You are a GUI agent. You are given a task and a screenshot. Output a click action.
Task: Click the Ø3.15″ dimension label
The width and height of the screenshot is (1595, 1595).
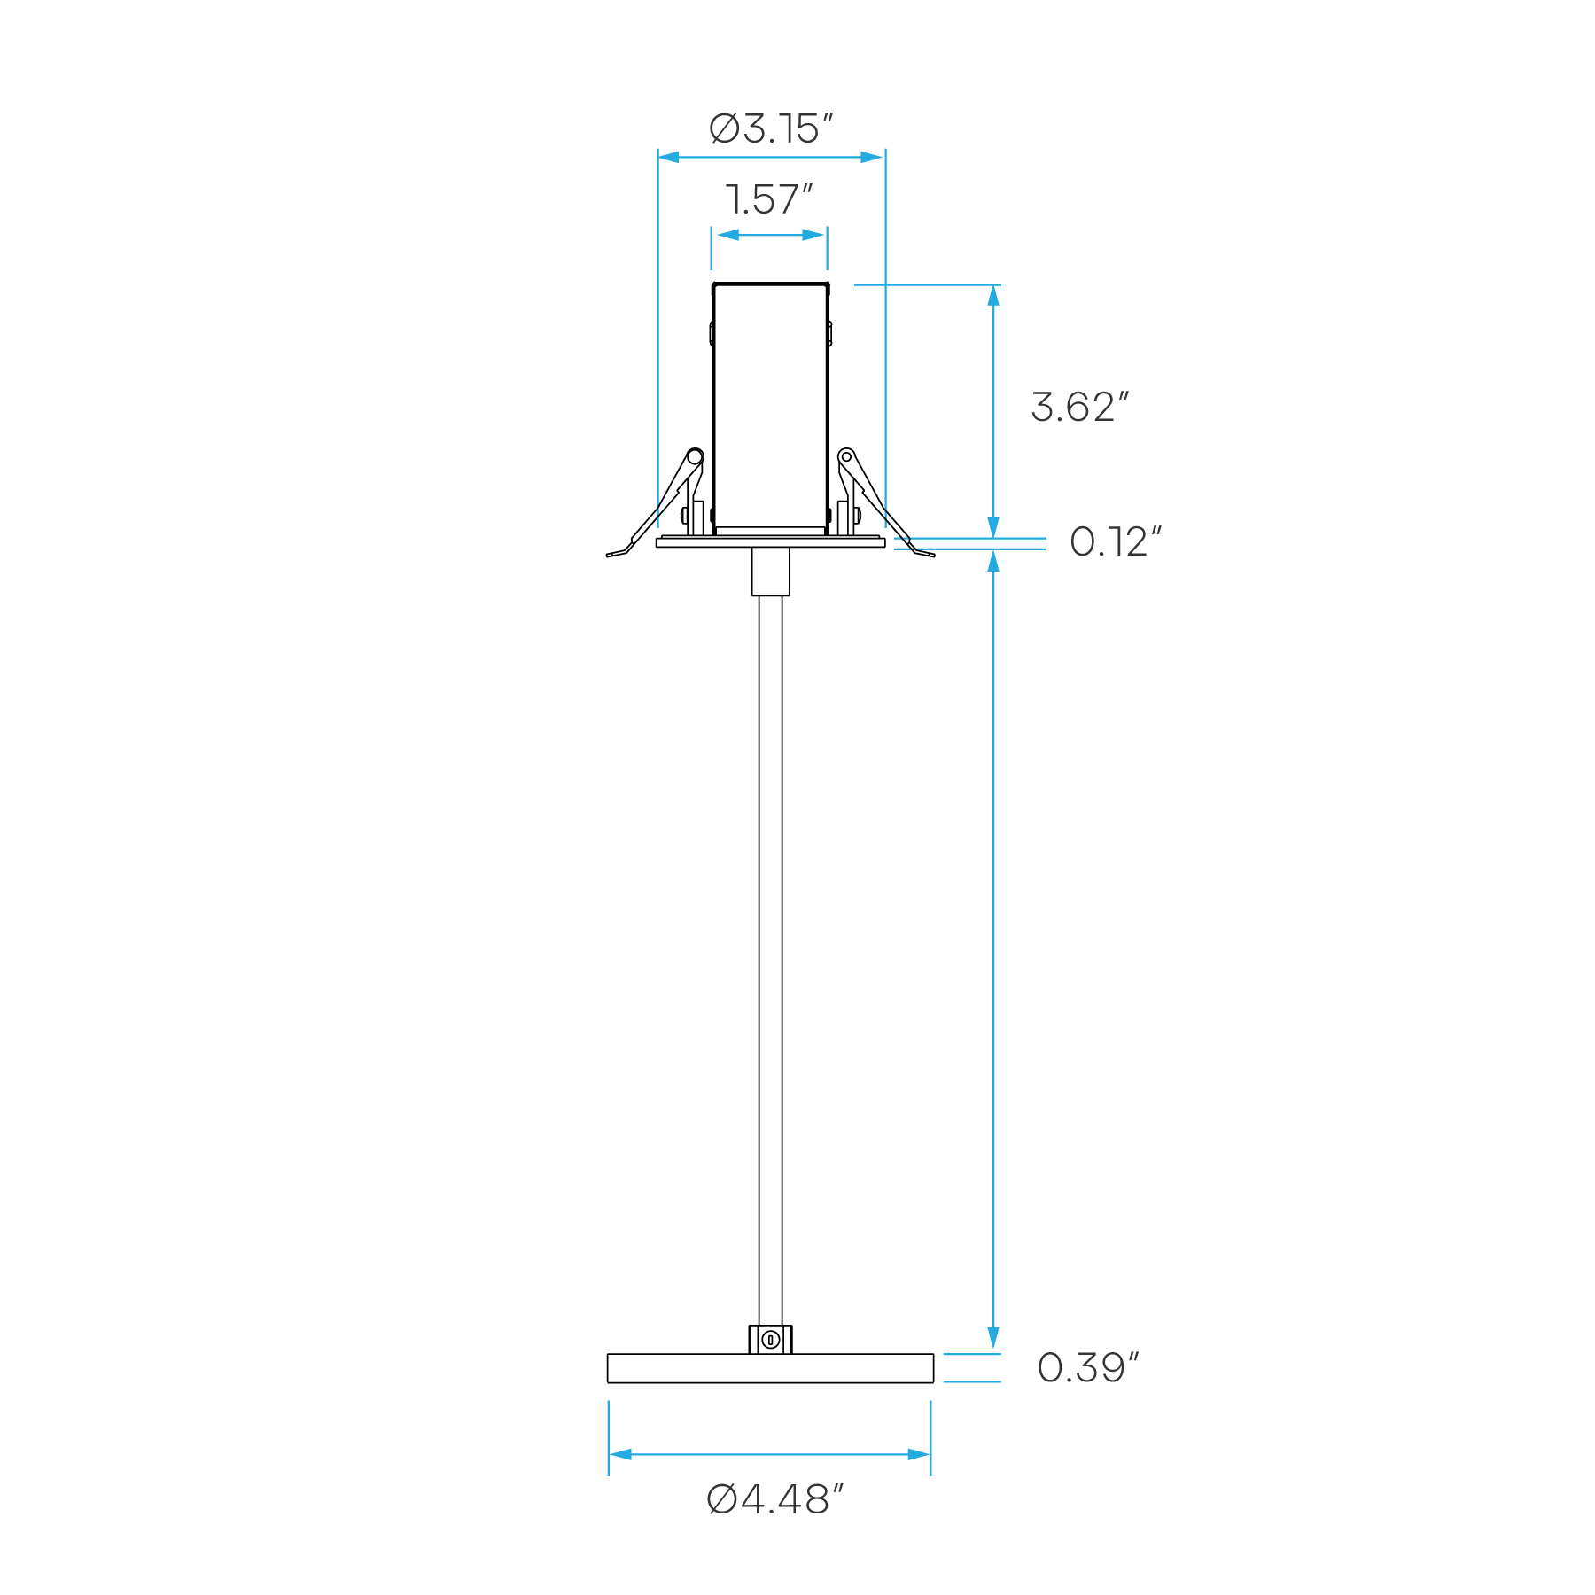(771, 129)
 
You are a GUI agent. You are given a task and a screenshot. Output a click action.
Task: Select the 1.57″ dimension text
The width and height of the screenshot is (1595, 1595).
(768, 200)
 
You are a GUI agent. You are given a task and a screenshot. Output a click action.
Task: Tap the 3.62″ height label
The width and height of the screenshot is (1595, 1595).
(1079, 408)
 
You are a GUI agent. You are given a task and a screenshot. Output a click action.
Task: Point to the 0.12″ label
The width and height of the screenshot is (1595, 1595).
(1115, 542)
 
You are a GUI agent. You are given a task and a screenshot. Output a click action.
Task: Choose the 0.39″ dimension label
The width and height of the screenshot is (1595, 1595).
(1087, 1367)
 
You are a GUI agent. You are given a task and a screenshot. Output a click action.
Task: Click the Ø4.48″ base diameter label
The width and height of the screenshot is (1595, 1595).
(774, 1500)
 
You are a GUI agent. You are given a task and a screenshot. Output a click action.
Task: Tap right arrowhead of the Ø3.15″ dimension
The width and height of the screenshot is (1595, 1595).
(873, 158)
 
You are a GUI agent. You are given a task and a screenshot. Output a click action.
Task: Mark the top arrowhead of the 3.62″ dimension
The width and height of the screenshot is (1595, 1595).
(993, 296)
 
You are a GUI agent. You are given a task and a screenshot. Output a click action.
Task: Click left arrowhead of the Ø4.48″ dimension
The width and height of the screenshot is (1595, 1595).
(620, 1454)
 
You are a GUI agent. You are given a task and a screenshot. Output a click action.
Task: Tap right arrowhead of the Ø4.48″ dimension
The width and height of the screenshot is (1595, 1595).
(919, 1454)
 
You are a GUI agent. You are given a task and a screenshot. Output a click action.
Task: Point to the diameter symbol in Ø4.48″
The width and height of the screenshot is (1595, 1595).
(722, 1500)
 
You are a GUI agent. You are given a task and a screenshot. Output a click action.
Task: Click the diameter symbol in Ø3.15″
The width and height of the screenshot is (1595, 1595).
(724, 129)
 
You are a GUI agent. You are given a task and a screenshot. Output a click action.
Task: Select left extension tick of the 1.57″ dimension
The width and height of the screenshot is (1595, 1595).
(711, 248)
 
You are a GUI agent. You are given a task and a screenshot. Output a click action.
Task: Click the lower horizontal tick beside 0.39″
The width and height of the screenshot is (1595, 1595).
(972, 1381)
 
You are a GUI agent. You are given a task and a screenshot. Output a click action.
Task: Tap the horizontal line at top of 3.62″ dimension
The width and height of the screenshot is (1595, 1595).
(927, 284)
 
